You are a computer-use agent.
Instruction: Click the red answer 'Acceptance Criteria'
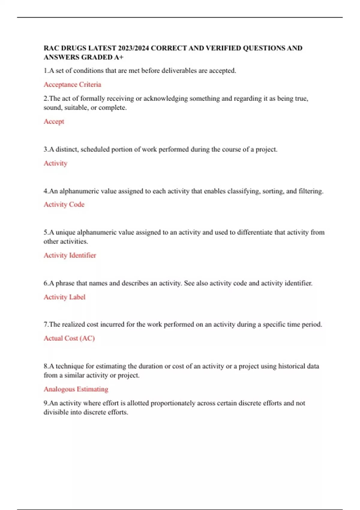72,85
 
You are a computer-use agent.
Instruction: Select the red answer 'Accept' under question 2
54,121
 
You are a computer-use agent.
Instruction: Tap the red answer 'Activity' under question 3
55,163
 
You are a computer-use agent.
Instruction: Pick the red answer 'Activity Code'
64,205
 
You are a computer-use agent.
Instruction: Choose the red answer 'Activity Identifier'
70,255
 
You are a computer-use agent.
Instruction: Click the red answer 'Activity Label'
64,297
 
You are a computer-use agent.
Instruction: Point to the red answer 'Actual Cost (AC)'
69,338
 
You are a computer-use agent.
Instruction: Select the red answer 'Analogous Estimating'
76,389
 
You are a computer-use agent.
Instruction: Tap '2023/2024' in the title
133,48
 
